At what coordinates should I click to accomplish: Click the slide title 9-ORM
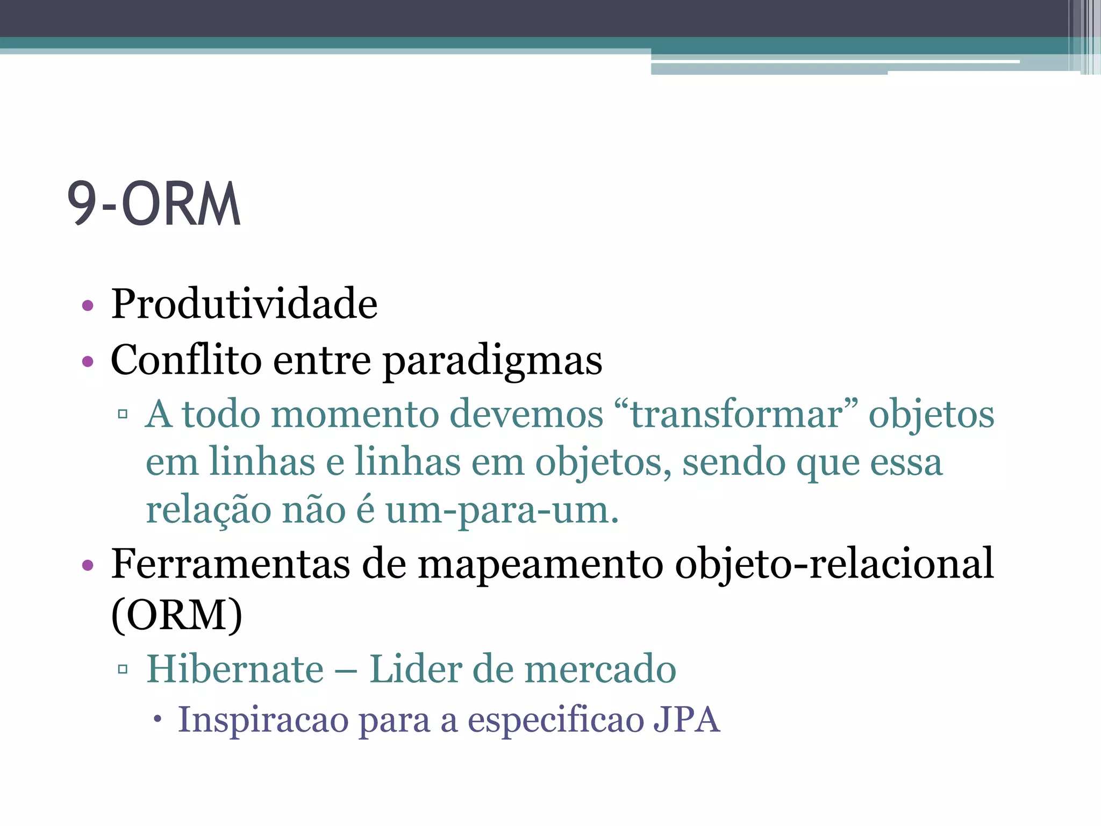point(154,204)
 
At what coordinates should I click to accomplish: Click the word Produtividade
point(244,304)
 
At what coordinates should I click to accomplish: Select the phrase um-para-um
point(502,510)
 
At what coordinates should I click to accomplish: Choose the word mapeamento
point(540,565)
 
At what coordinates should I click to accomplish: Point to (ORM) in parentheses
point(177,615)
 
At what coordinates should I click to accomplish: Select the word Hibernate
point(235,669)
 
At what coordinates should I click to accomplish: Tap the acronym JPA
point(687,720)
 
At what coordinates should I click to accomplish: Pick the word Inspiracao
point(262,720)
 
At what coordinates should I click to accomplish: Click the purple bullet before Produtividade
point(88,306)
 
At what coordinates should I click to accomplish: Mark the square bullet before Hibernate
point(123,669)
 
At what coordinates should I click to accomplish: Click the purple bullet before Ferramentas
point(88,566)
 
